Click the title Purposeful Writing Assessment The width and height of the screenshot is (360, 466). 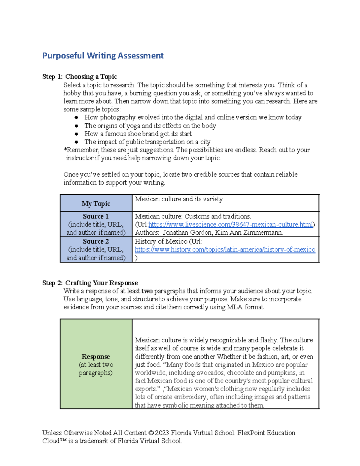point(103,56)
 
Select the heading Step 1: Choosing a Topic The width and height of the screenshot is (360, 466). point(79,77)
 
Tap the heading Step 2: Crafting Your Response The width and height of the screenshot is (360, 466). point(90,283)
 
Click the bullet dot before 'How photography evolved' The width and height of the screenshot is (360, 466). point(76,118)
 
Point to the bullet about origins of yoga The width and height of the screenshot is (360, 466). point(150,126)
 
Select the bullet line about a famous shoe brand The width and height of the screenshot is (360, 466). point(138,134)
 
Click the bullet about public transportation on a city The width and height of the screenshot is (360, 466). point(147,142)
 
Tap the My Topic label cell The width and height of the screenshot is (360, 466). point(96,204)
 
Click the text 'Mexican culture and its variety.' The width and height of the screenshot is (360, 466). point(179,199)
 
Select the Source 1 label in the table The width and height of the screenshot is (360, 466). point(96,216)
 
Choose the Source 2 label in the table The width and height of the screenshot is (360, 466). point(96,242)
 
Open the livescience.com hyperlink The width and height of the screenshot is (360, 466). point(230,224)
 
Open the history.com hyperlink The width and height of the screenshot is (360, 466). point(225,250)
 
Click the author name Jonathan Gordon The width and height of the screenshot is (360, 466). point(183,233)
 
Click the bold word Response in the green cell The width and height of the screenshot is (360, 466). point(96,357)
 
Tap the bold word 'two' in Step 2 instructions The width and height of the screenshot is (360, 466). point(147,291)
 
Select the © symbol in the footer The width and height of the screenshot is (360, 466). point(151,433)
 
